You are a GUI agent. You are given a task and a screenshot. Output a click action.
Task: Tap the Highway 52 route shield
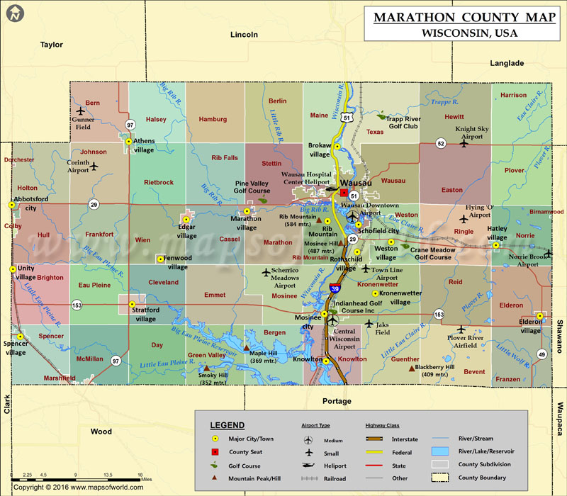pyautogui.click(x=440, y=144)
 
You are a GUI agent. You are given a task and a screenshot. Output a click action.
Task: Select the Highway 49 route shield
pyautogui.click(x=541, y=354)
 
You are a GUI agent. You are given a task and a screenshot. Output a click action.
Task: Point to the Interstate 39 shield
pyautogui.click(x=335, y=288)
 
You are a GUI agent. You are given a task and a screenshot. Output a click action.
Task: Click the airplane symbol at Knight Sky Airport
pyautogui.click(x=464, y=143)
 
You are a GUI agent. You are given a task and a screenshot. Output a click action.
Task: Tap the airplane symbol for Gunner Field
pyautogui.click(x=80, y=111)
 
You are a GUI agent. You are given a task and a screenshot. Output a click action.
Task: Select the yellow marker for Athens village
pyautogui.click(x=128, y=142)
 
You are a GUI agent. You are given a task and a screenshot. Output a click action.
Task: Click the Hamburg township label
pyautogui.click(x=213, y=120)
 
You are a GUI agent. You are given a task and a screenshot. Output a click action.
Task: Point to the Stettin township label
pyautogui.click(x=271, y=164)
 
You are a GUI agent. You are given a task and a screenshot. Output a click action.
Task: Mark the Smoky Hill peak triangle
pyautogui.click(x=206, y=368)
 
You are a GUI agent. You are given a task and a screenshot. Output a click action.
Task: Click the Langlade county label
pyautogui.click(x=507, y=63)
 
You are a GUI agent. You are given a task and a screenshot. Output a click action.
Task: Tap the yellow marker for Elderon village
pyautogui.click(x=540, y=316)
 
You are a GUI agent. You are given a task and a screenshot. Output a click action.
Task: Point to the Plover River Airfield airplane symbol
pyautogui.click(x=461, y=329)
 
